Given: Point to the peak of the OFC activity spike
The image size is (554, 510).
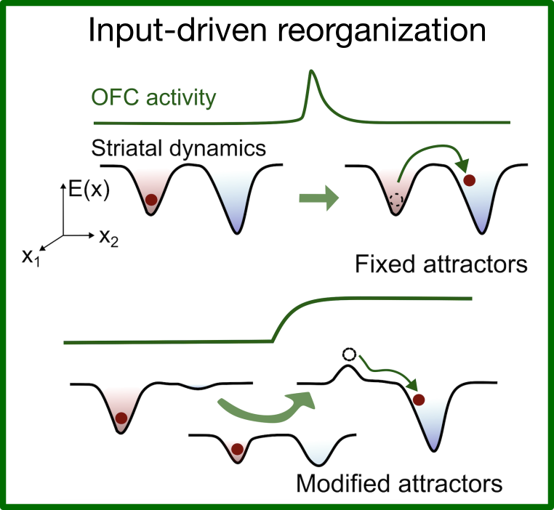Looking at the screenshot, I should pyautogui.click(x=311, y=70).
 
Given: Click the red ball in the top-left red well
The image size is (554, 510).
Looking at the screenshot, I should pyautogui.click(x=151, y=200).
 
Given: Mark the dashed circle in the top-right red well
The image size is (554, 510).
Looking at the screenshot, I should pyautogui.click(x=396, y=202).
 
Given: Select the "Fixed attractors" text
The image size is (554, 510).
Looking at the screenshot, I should pyautogui.click(x=441, y=264).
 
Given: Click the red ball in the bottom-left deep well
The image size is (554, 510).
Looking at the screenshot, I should pyautogui.click(x=121, y=418).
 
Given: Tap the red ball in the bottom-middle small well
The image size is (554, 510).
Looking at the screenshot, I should pyautogui.click(x=236, y=449).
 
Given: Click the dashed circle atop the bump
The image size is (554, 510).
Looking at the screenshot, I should pyautogui.click(x=348, y=355).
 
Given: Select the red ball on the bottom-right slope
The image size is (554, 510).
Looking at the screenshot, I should pyautogui.click(x=418, y=399).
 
